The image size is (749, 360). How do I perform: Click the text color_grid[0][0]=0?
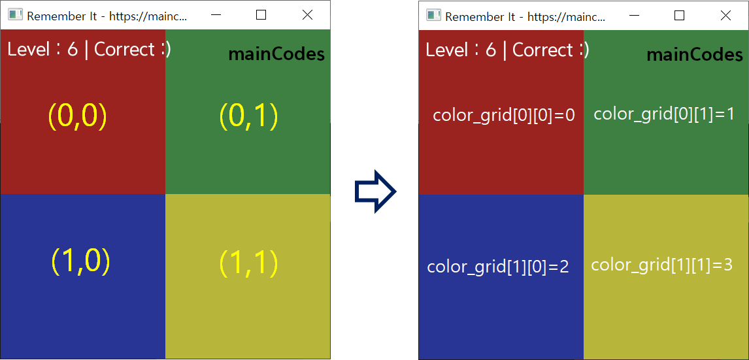pyautogui.click(x=504, y=116)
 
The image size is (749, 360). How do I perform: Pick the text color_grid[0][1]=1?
pyautogui.click(x=664, y=114)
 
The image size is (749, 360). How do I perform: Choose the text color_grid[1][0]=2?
pyautogui.click(x=498, y=267)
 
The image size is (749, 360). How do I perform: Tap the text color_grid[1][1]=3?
pyautogui.click(x=661, y=265)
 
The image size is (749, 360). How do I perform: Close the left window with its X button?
pyautogui.click(x=307, y=15)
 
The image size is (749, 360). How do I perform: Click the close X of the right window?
pyautogui.click(x=725, y=15)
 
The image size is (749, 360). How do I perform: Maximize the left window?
pyautogui.click(x=261, y=15)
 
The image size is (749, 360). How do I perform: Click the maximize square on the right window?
pyautogui.click(x=679, y=15)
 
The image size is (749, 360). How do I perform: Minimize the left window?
pyautogui.click(x=215, y=15)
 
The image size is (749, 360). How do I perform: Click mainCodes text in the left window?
pyautogui.click(x=276, y=55)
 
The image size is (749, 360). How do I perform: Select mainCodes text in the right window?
pyautogui.click(x=695, y=55)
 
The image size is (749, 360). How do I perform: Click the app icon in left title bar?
pyautogui.click(x=15, y=15)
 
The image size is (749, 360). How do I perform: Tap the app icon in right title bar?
pyautogui.click(x=433, y=15)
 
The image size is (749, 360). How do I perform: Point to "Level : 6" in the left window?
pyautogui.click(x=42, y=49)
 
